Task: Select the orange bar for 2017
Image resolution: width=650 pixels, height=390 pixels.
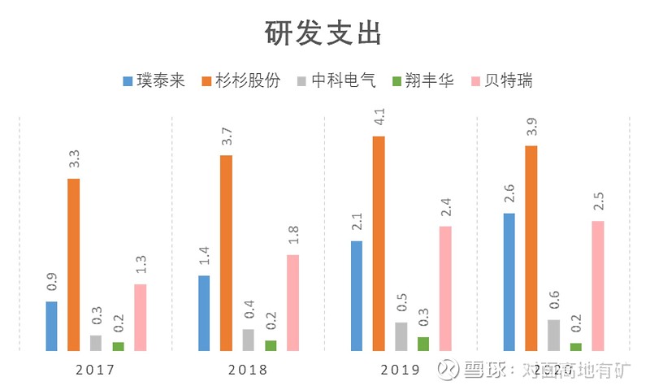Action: coord(74,264)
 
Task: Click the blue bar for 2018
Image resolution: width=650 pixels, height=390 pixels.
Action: coord(204,313)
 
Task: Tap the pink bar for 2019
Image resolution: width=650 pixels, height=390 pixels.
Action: coord(445,288)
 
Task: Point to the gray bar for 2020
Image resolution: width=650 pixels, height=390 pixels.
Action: coord(554,335)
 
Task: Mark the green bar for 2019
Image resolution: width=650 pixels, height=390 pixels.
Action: coord(423,344)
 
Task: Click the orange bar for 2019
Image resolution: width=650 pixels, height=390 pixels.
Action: coord(379,244)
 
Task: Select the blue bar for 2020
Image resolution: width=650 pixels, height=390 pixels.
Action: coord(509,282)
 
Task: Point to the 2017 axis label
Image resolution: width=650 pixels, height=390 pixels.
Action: coord(95,370)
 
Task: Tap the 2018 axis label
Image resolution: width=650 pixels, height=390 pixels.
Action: coord(248,370)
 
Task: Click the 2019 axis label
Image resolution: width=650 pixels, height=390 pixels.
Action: coord(401,370)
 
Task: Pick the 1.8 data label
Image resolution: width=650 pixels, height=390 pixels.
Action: coord(293,235)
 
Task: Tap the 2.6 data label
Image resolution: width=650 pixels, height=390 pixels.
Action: coord(509,193)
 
